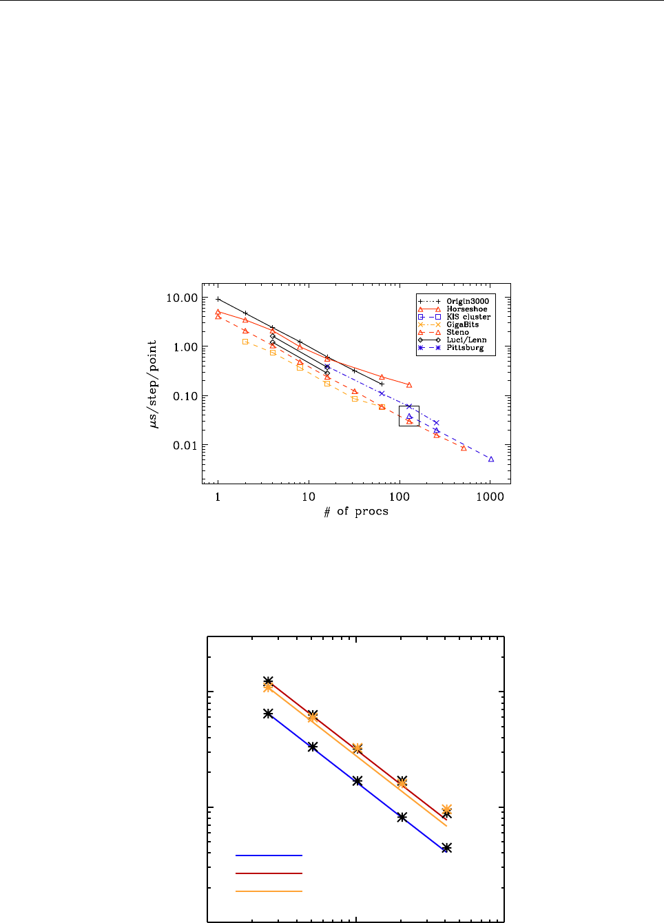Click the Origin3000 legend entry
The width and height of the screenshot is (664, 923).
pos(467,302)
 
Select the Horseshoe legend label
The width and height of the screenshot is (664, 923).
pos(466,309)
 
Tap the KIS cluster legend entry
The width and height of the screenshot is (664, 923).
pos(468,317)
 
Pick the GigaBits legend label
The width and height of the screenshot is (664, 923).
pos(462,324)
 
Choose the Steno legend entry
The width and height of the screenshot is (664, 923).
pos(457,332)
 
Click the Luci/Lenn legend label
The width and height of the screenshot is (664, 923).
pos(466,340)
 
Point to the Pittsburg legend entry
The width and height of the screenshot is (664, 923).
pos(465,348)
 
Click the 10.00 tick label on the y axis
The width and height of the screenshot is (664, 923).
pos(180,298)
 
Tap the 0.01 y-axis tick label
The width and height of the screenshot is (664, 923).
pos(185,446)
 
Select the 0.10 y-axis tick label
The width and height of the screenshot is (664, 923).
pos(185,397)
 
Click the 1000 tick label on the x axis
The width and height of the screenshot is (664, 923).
pos(490,497)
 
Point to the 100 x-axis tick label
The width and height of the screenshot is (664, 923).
pos(400,497)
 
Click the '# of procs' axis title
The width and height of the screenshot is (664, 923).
pos(356,511)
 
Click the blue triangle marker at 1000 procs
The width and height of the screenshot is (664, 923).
pos(491,459)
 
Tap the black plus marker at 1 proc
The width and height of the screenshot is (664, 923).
pos(218,300)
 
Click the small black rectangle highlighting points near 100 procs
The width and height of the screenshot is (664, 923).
pos(409,416)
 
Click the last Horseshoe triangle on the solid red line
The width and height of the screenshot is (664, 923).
pos(409,385)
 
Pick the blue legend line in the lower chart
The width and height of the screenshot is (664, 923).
pos(269,855)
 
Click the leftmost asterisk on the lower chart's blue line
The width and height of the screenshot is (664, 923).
pos(268,714)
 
